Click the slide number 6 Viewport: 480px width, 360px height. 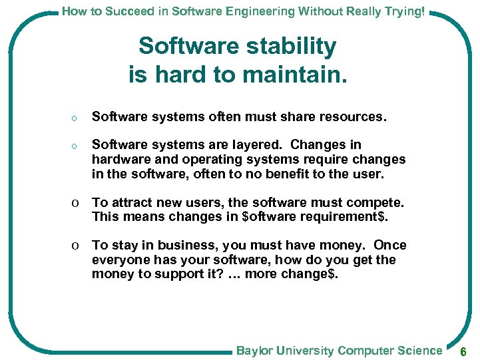(464, 351)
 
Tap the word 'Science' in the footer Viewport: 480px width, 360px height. (419, 350)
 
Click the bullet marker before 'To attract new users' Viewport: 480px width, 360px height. (77, 203)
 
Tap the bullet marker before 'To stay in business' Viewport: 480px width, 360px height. (77, 246)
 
